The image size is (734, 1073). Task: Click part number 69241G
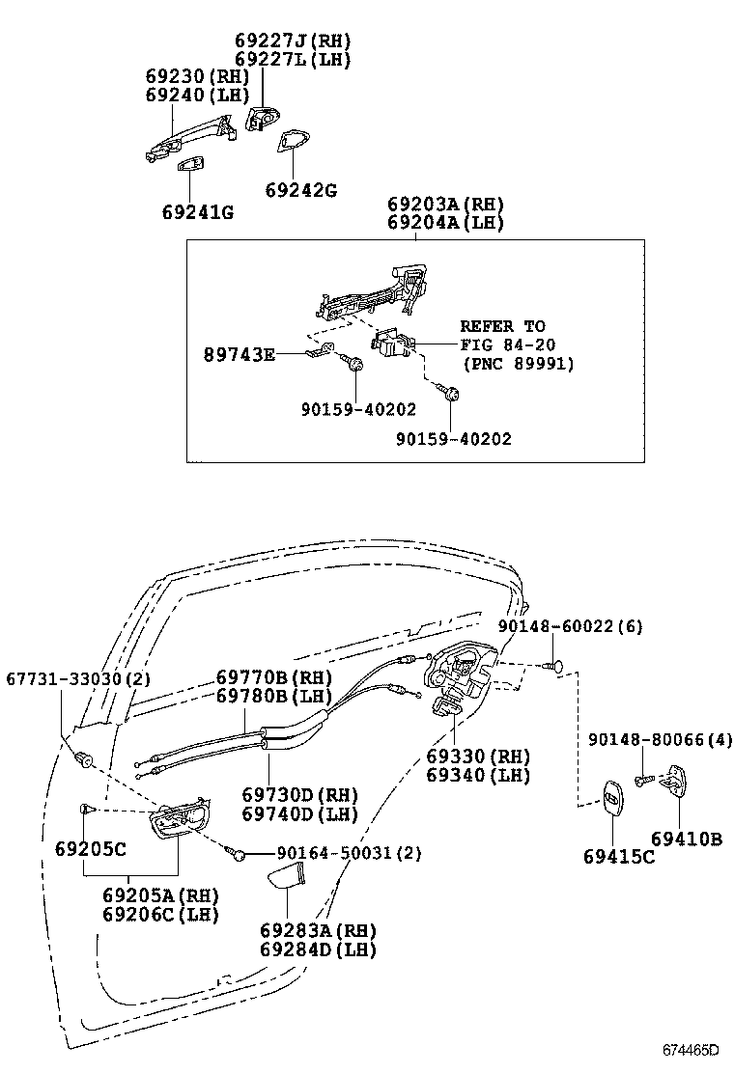(197, 211)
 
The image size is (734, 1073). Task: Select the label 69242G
(300, 190)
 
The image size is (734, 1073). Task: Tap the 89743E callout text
(239, 355)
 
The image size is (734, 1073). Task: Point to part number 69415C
(618, 855)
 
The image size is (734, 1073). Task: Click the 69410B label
(686, 839)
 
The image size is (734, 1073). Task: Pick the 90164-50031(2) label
(349, 853)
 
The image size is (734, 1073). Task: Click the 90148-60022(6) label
(570, 626)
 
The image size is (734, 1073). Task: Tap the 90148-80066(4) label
(661, 740)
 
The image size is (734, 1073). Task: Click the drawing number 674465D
(691, 1049)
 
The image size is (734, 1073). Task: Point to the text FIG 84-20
(507, 344)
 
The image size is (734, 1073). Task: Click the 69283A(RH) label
(318, 930)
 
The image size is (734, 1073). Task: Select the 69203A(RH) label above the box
(445, 205)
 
